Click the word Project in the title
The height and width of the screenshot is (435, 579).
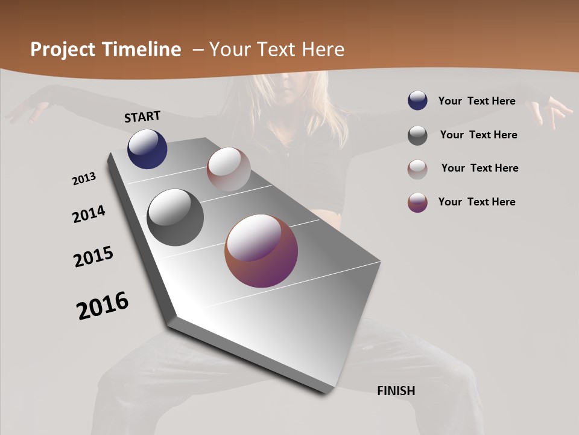[62, 50]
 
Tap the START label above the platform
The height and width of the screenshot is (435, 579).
[142, 117]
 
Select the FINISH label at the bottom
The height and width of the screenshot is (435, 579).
[396, 391]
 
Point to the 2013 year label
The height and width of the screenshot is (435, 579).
[84, 179]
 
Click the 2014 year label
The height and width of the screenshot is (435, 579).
[89, 214]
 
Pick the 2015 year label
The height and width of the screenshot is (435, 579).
[93, 257]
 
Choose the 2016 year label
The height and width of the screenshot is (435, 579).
[103, 306]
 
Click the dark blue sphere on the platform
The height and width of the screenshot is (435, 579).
[147, 149]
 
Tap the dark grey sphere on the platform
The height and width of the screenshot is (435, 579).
[175, 217]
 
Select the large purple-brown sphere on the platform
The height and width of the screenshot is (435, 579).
[261, 251]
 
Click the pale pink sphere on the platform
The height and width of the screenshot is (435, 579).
[229, 169]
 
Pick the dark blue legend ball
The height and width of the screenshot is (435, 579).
[417, 101]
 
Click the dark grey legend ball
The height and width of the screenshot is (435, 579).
[417, 135]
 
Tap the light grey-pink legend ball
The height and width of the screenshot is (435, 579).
[417, 169]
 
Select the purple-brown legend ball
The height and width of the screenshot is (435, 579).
[417, 202]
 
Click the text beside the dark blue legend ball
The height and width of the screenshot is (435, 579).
[476, 101]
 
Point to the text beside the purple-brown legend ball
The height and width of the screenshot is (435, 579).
[476, 202]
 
